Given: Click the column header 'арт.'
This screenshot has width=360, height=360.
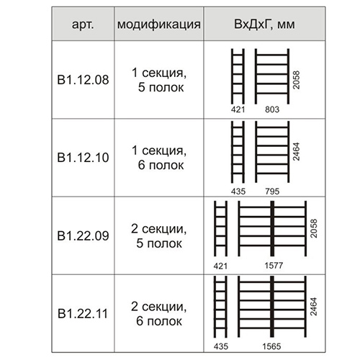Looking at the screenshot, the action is [x=83, y=24].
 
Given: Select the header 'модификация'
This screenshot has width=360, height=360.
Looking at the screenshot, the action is [x=159, y=24].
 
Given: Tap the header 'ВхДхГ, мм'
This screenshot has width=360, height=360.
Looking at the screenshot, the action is [x=264, y=24].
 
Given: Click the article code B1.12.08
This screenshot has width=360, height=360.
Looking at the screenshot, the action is [x=83, y=80].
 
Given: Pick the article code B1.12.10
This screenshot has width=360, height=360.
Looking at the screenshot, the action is [x=83, y=158].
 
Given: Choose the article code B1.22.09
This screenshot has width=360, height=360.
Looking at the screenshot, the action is [x=83, y=235].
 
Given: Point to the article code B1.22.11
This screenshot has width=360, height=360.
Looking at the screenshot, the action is [x=83, y=314].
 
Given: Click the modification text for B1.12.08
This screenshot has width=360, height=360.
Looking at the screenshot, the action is [x=159, y=80].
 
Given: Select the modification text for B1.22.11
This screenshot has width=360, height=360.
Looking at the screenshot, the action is [x=159, y=314].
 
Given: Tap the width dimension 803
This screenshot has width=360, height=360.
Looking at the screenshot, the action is [x=272, y=109].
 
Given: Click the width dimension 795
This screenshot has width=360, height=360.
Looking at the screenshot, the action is [x=272, y=192].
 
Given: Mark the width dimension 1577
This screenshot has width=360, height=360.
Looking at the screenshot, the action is [x=274, y=266].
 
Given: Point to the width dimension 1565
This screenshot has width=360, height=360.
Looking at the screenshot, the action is [x=271, y=346].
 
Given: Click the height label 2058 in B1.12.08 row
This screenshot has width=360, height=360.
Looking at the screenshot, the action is [x=297, y=80].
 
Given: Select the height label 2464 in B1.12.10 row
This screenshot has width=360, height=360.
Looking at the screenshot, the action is [x=297, y=152].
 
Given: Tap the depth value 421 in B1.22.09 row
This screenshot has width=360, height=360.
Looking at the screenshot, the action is [x=220, y=266].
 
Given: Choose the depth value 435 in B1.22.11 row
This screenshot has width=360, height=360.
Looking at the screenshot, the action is [x=221, y=346].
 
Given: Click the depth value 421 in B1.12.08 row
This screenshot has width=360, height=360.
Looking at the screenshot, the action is [x=238, y=109].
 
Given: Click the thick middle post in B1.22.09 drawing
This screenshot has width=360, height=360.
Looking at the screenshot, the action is [x=272, y=228].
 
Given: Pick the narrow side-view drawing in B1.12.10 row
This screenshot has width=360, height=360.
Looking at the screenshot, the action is [x=238, y=152].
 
